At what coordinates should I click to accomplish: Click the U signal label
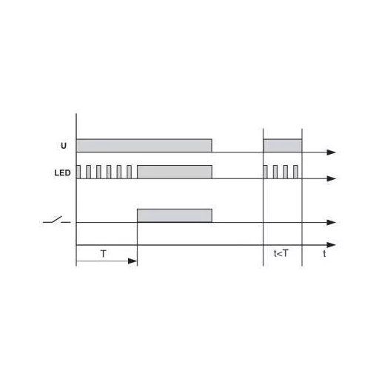point(64,146)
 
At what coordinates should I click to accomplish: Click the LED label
point(62,172)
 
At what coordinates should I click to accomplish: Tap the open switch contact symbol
point(57,220)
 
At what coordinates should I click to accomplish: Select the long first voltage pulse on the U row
point(144,146)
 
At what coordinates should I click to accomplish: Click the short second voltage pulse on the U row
point(283,146)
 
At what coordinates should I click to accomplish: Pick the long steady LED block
point(175,172)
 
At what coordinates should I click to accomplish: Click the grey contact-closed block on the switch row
point(175,215)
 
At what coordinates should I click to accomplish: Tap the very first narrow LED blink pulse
point(78,172)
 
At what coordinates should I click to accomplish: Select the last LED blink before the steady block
point(129,172)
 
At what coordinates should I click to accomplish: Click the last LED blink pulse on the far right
point(295,172)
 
